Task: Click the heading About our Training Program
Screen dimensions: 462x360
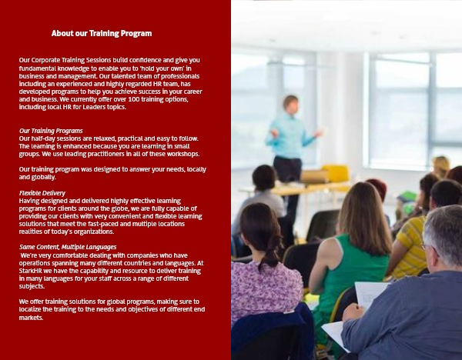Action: (102, 34)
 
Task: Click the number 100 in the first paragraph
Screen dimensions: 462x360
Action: (133, 99)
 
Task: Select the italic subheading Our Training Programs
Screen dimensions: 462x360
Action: (51, 131)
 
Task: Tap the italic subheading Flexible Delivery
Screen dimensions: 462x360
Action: (42, 193)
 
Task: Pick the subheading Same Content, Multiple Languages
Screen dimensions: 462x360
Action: (68, 247)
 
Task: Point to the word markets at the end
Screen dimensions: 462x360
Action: (31, 318)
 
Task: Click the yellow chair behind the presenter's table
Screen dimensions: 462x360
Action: (336, 174)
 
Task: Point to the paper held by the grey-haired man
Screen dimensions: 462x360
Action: (370, 295)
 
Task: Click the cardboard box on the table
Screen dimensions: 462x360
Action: (314, 176)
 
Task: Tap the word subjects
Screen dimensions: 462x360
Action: (32, 286)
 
